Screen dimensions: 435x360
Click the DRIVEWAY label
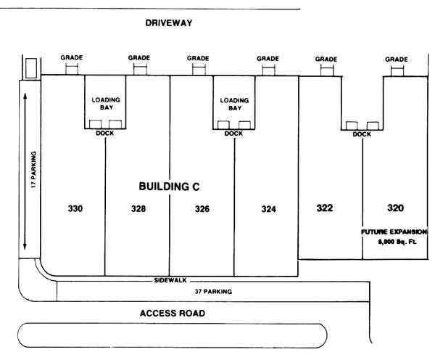pyautogui.click(x=169, y=22)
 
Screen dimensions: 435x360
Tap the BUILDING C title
pyautogui.click(x=169, y=187)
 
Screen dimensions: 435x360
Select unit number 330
pyautogui.click(x=75, y=208)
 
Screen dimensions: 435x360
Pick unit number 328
pyautogui.click(x=138, y=208)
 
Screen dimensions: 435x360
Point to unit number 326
pyautogui.click(x=202, y=209)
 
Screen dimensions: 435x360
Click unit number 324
pyautogui.click(x=268, y=209)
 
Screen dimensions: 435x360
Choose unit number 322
pyautogui.click(x=325, y=208)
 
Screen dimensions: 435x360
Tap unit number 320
pyautogui.click(x=395, y=208)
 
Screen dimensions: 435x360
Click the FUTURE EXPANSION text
pyautogui.click(x=394, y=232)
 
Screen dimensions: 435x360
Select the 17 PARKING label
pyautogui.click(x=33, y=169)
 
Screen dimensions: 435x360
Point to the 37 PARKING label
pyautogui.click(x=213, y=292)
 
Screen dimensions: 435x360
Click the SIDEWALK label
pyautogui.click(x=170, y=280)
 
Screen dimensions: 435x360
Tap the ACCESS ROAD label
pyautogui.click(x=173, y=314)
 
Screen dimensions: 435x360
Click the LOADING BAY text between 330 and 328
pyautogui.click(x=106, y=104)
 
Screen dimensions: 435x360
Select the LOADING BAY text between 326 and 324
pyautogui.click(x=234, y=105)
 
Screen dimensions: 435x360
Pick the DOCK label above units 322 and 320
pyautogui.click(x=362, y=134)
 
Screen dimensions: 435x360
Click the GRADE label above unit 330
pyautogui.click(x=72, y=57)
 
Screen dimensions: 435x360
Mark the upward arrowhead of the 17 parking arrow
pyautogui.click(x=25, y=96)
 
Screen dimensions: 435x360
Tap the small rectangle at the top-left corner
pyautogui.click(x=31, y=68)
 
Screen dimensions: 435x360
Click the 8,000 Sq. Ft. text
pyautogui.click(x=397, y=242)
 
